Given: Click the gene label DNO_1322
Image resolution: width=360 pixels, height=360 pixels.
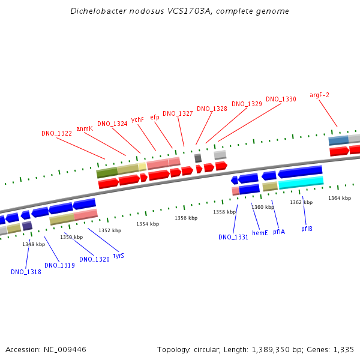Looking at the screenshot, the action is [x=56, y=133].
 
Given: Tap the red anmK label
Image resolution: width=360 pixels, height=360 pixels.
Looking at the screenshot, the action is [x=85, y=128].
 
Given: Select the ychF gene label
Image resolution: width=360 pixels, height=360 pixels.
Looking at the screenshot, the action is [x=137, y=119].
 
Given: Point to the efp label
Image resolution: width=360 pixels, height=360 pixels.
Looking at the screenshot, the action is [x=155, y=118].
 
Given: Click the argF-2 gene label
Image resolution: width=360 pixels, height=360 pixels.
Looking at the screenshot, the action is [x=319, y=95].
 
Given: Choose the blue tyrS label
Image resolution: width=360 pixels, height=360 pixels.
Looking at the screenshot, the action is [x=119, y=256].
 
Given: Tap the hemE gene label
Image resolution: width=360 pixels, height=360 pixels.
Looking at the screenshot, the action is [x=260, y=233].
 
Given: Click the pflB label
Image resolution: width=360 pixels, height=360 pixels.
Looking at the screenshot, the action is [x=307, y=229].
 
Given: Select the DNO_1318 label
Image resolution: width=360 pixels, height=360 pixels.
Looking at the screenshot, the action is [x=26, y=272].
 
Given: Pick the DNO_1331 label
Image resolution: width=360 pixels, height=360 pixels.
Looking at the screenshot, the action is [x=233, y=237].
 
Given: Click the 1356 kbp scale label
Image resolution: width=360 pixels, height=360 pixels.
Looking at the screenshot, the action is [x=186, y=218].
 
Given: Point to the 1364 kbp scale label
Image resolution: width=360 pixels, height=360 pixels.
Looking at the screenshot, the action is [x=340, y=198].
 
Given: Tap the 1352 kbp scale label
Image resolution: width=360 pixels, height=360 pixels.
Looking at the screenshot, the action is [x=110, y=230].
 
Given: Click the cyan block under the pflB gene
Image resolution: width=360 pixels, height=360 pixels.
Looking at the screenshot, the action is [x=301, y=182].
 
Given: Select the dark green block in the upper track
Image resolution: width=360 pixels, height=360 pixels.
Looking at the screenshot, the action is [x=107, y=173].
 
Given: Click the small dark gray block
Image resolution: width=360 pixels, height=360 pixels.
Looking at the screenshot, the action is [x=198, y=158].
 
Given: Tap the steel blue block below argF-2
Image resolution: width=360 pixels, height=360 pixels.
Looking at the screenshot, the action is [x=338, y=140].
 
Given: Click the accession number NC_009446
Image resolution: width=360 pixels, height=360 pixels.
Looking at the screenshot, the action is [x=65, y=350].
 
